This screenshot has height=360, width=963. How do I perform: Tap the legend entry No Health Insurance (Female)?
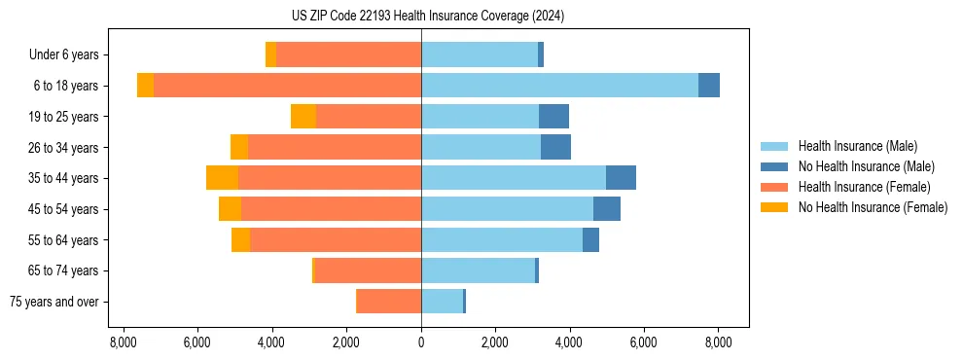pyautogui.click(x=873, y=207)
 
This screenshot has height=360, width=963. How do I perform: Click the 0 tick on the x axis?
pyautogui.click(x=421, y=342)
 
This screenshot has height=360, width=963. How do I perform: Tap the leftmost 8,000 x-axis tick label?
pyautogui.click(x=124, y=342)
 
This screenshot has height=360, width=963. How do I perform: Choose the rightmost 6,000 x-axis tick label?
pyautogui.click(x=644, y=342)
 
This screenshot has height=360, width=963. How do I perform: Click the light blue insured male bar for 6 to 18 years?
pyautogui.click(x=559, y=86)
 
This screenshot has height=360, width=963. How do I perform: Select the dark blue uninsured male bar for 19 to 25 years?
pyautogui.click(x=553, y=117)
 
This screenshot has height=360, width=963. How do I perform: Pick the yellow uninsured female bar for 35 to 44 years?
pyautogui.click(x=222, y=178)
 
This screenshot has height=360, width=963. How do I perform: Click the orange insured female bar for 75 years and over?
pyautogui.click(x=388, y=302)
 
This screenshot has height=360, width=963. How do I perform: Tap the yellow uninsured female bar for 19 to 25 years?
pyautogui.click(x=303, y=117)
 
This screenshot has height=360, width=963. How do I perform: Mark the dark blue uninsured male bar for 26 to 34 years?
pyautogui.click(x=555, y=147)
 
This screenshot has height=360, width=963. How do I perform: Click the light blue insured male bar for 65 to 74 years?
pyautogui.click(x=478, y=270)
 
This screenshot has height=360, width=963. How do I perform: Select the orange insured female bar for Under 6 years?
pyautogui.click(x=348, y=55)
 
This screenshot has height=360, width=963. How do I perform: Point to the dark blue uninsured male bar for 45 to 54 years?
pyautogui.click(x=607, y=209)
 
